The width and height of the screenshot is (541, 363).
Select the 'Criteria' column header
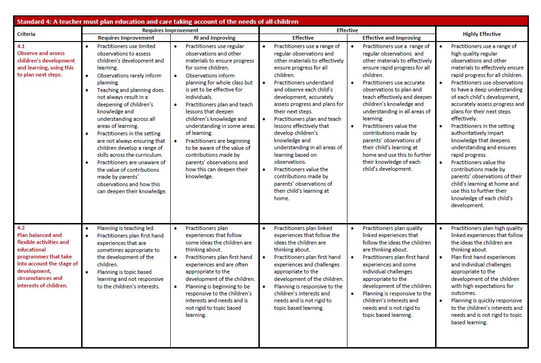pyautogui.click(x=26, y=34)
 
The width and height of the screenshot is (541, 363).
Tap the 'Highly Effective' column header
pyautogui.click(x=482, y=34)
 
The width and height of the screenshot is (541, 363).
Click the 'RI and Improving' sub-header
pyautogui.click(x=215, y=38)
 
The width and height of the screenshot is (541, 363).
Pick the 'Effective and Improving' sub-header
pyautogui.click(x=391, y=38)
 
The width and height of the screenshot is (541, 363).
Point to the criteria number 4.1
pyautogui.click(x=21, y=46)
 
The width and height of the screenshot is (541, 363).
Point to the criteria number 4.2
pyautogui.click(x=21, y=228)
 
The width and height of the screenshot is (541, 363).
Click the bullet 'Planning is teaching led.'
pyautogui.click(x=125, y=228)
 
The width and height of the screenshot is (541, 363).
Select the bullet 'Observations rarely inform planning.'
pyautogui.click(x=129, y=79)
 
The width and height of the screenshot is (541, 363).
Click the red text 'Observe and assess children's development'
pyautogui.click(x=46, y=57)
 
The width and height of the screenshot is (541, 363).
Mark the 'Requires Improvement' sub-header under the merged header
pyautogui.click(x=125, y=38)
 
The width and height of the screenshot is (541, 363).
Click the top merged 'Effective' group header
pyautogui.click(x=347, y=30)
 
